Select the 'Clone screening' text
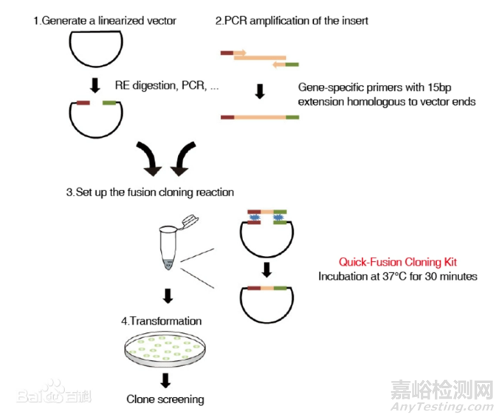pyautogui.click(x=165, y=399)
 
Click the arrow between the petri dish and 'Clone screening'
pyautogui.click(x=166, y=380)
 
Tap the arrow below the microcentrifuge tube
pyautogui.click(x=168, y=296)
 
